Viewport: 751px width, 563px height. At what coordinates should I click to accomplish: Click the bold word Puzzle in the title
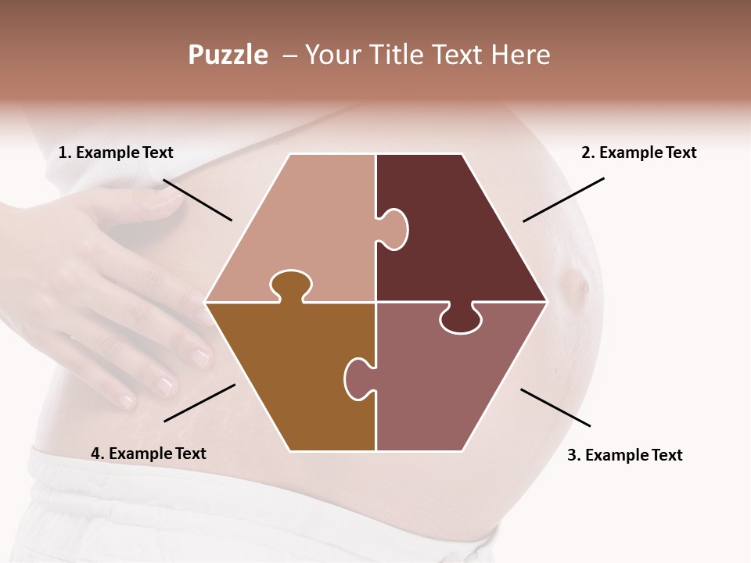tap(228, 55)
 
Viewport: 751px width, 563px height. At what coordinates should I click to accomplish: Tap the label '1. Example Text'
tap(116, 152)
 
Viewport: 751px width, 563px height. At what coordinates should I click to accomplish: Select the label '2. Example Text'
tap(638, 152)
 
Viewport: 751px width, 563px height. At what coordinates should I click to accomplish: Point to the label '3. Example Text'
tap(624, 455)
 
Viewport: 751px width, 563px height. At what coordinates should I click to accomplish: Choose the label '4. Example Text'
tap(149, 454)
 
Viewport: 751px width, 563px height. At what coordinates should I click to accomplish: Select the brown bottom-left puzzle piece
tap(289, 375)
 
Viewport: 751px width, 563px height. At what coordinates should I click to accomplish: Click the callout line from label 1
tap(197, 199)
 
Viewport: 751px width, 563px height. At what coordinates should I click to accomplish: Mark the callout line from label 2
tap(563, 199)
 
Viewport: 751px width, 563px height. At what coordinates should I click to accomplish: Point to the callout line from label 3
tap(555, 407)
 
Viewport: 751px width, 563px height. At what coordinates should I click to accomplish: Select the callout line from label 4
tap(199, 403)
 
